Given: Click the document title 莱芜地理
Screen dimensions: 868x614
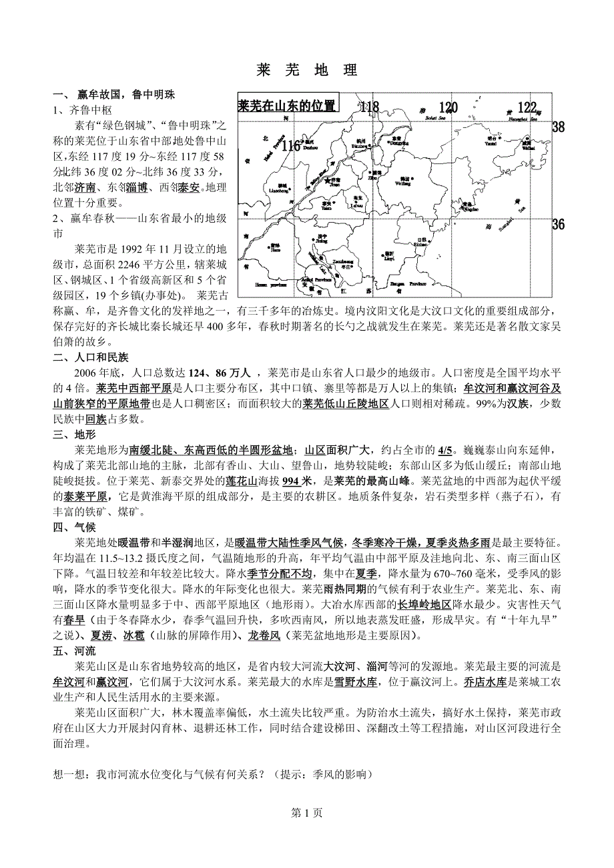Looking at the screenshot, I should [307, 70].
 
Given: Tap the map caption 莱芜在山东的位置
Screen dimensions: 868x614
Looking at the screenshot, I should [287, 105].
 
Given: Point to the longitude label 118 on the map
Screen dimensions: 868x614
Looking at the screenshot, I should [368, 107].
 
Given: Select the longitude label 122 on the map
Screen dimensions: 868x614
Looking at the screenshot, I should [527, 107].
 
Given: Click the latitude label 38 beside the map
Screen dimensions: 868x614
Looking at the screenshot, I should [559, 127].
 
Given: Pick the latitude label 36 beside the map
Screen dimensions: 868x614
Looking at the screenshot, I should [559, 225].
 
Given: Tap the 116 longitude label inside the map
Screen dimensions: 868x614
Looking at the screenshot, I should [291, 145].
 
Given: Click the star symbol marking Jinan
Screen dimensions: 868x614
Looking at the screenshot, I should [328, 180].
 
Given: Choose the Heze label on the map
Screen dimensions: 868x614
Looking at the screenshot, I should [276, 247].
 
